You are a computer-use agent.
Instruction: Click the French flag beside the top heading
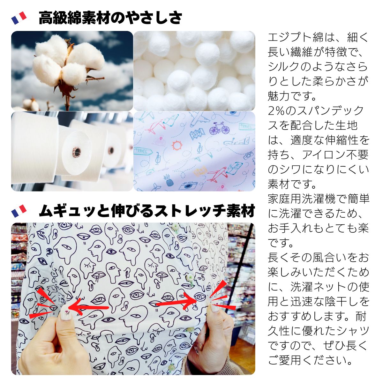19,18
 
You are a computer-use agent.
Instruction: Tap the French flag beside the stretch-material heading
19,211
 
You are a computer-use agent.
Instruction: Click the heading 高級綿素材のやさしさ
110,18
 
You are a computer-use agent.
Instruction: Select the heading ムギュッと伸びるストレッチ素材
147,211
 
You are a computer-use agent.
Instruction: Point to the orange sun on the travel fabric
177,145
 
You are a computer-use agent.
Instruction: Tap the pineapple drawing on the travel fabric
169,180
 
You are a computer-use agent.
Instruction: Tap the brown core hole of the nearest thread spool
76,152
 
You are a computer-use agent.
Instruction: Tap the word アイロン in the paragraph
323,154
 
